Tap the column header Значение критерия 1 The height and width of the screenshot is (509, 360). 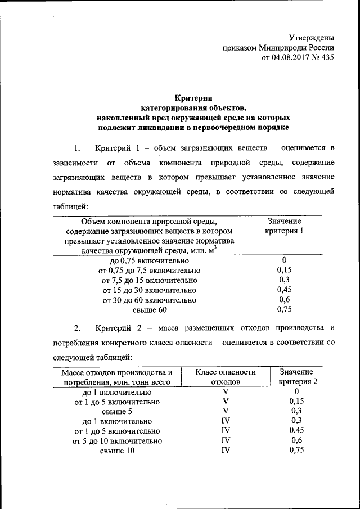click(284, 227)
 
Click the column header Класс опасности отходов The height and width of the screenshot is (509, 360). click(226, 377)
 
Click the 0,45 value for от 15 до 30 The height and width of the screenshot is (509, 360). click(284, 290)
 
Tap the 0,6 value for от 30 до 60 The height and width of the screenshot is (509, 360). click(284, 300)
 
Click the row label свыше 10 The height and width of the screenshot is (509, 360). click(118, 451)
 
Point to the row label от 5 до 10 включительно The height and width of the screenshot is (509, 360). click(118, 441)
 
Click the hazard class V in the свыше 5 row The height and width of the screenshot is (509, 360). click(226, 411)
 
